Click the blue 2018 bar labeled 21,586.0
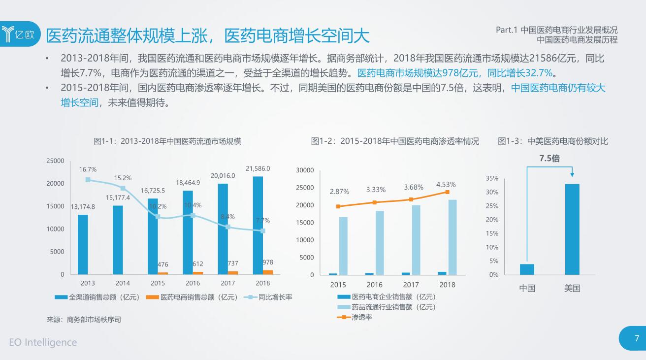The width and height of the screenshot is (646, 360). [x=258, y=225]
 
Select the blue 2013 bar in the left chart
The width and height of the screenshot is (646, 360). [x=83, y=244]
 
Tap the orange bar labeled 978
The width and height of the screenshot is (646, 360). [x=268, y=272]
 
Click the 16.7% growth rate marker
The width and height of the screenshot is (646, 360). [x=88, y=180]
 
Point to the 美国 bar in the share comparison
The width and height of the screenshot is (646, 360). [x=572, y=229]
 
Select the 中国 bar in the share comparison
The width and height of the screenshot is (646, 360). [x=527, y=269]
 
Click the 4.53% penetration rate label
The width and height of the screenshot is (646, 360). [x=446, y=185]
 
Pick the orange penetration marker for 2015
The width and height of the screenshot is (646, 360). [x=338, y=206]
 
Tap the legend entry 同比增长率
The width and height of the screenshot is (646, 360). [x=269, y=297]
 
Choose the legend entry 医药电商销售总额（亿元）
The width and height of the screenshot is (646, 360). [x=193, y=297]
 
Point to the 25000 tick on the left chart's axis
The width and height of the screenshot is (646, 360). [x=55, y=161]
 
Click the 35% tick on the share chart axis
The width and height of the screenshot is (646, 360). [x=492, y=178]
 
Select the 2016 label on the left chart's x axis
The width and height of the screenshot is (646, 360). [x=193, y=283]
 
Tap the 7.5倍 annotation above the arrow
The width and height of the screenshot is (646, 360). [x=549, y=159]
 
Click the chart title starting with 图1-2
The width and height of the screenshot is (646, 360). [x=395, y=141]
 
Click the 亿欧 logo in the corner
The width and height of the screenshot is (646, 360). [x=20, y=34]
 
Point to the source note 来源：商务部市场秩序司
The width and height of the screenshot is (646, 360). [x=84, y=320]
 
